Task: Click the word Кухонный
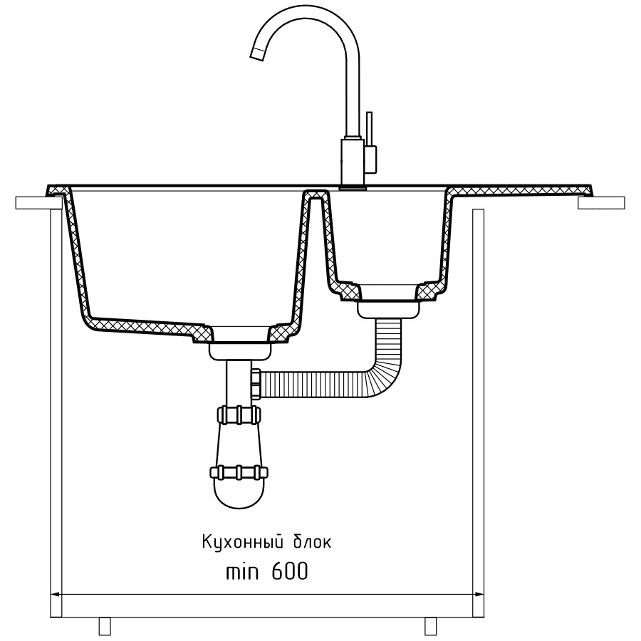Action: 243,543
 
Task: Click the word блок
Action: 313,542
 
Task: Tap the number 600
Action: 289,571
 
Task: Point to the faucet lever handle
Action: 370,132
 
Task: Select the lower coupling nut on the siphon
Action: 239,472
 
